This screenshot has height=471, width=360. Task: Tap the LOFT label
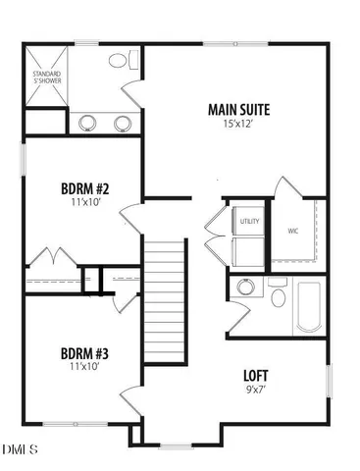tap(258, 376)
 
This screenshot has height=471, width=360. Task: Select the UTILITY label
tap(249, 222)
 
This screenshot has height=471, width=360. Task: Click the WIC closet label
tap(292, 232)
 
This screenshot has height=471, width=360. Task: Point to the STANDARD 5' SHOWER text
tap(46, 78)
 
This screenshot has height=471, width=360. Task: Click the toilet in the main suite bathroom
tap(119, 61)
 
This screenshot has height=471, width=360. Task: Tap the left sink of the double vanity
tap(89, 123)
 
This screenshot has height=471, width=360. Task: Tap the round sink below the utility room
tap(242, 288)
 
